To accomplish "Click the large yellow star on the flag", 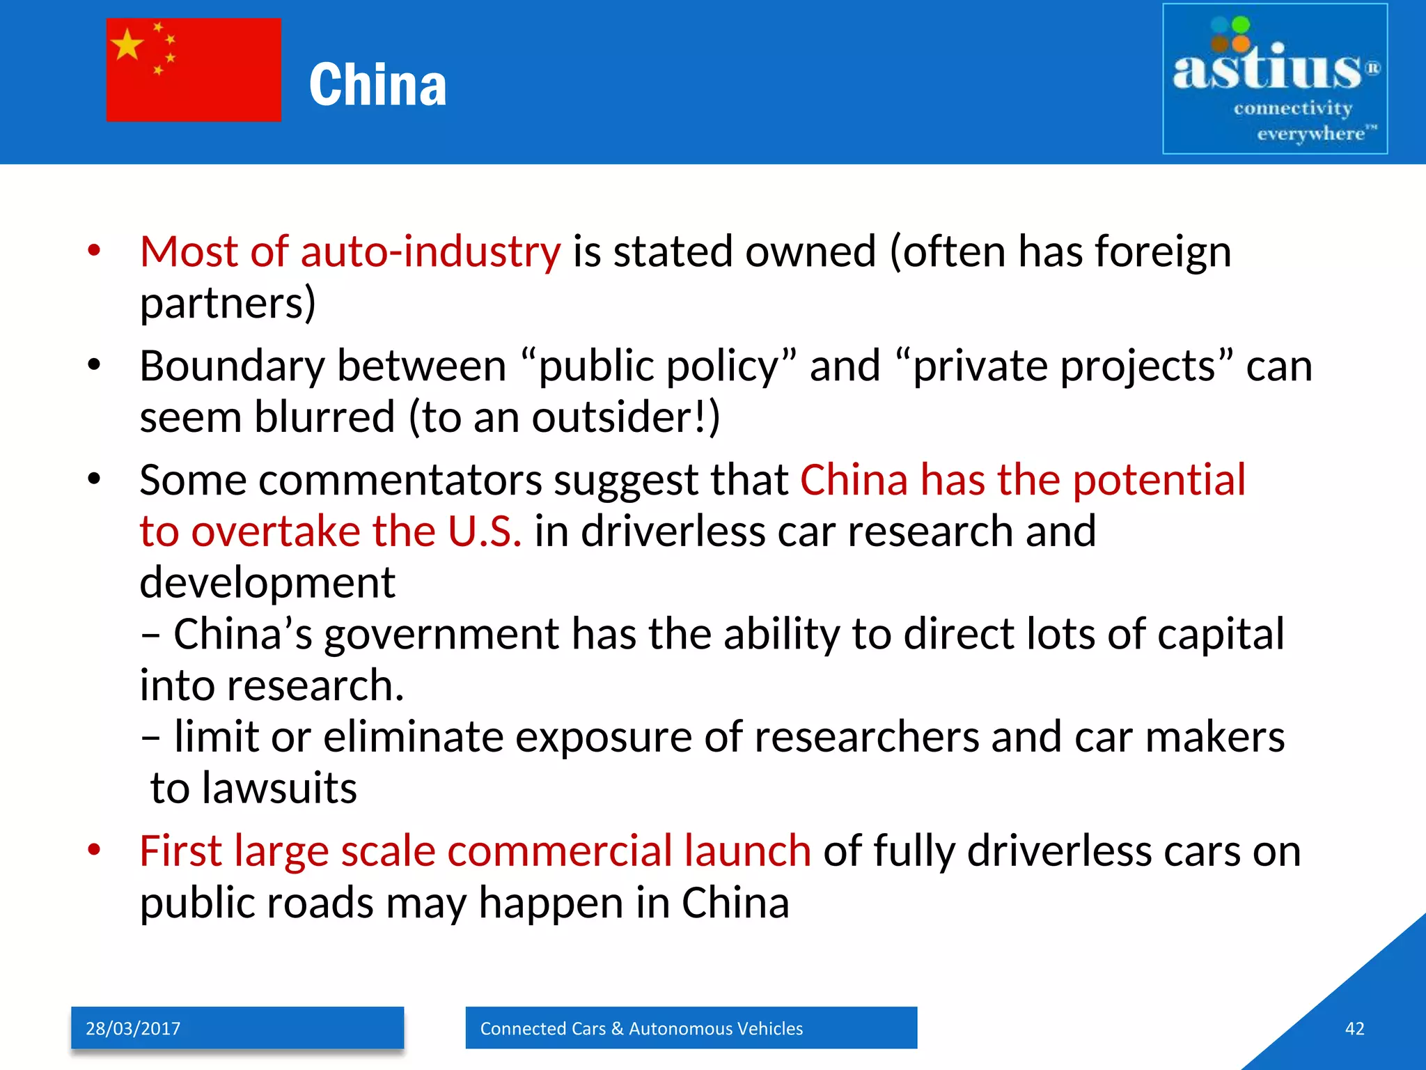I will (127, 46).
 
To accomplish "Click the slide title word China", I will (377, 85).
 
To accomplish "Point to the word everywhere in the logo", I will (1310, 133).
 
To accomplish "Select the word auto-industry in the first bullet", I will (430, 251).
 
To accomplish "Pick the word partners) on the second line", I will (228, 303).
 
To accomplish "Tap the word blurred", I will (325, 417).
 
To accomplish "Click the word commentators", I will (400, 480).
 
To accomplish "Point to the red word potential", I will (1159, 480).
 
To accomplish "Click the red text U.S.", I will (485, 532).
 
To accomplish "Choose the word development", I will (267, 582).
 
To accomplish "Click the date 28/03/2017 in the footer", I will (133, 1029).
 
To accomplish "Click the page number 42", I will (1354, 1029).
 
